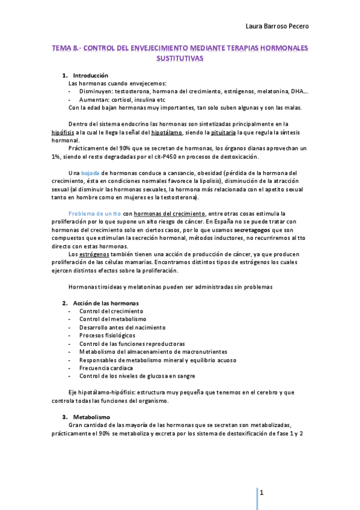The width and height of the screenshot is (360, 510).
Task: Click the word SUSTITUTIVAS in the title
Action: click(180, 59)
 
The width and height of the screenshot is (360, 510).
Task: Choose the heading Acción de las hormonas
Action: click(105, 303)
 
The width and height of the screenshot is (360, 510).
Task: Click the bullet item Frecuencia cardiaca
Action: click(106, 367)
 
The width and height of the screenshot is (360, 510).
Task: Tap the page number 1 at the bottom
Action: click(262, 493)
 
